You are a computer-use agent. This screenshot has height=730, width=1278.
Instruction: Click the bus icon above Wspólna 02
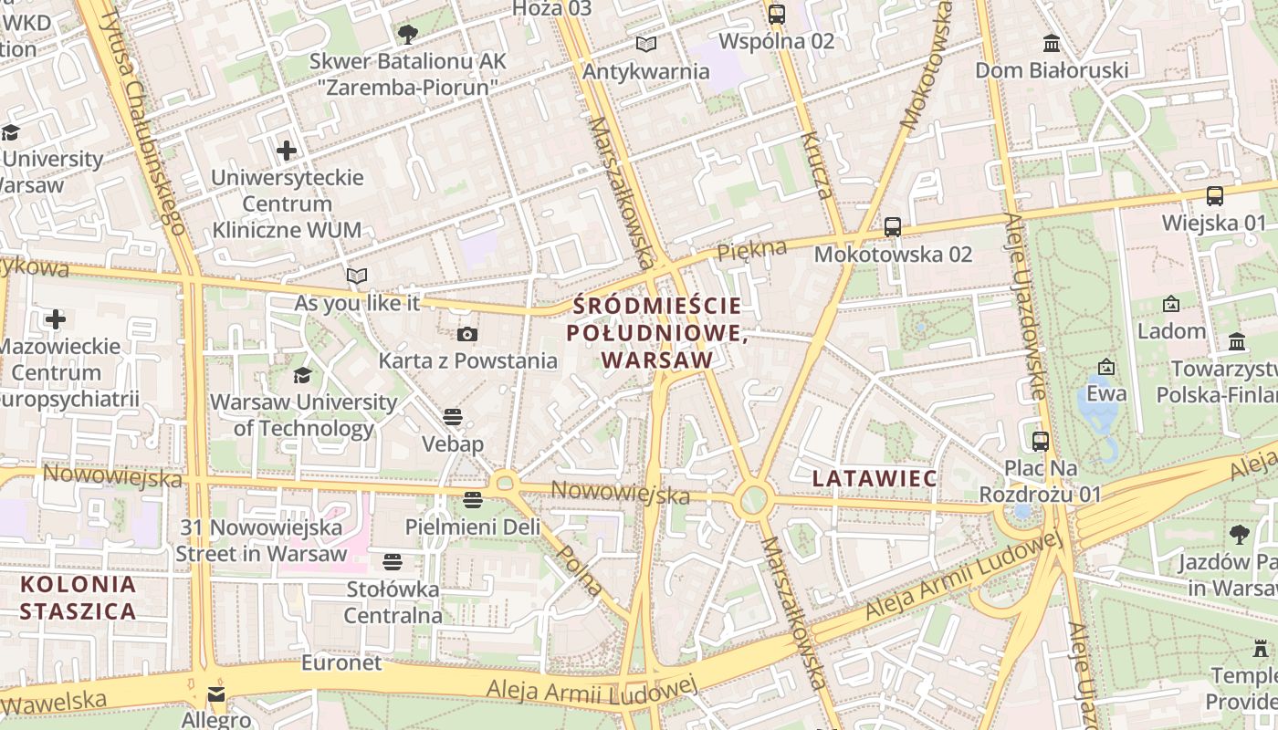click(777, 15)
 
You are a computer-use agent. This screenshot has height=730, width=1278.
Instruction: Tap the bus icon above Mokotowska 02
click(893, 227)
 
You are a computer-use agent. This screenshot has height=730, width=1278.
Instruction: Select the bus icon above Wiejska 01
click(1214, 196)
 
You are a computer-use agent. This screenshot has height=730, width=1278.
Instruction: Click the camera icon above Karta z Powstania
click(467, 335)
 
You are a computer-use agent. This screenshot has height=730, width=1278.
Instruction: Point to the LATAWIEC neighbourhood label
click(875, 478)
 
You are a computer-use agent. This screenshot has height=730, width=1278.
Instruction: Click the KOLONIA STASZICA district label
click(79, 598)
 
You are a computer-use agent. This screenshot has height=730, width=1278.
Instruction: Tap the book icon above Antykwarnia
click(646, 44)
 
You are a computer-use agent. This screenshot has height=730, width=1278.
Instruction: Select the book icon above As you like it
click(357, 276)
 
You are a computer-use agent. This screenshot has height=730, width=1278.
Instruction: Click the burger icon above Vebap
click(453, 417)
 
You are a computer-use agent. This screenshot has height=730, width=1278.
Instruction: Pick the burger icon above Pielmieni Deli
click(472, 500)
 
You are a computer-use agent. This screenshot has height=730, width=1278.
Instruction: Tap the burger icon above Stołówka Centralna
click(393, 562)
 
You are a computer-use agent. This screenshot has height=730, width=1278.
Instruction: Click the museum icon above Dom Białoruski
click(1052, 43)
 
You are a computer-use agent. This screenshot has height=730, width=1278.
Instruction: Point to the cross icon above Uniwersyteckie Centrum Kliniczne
click(287, 150)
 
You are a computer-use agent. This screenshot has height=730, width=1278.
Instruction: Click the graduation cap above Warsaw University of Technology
click(302, 375)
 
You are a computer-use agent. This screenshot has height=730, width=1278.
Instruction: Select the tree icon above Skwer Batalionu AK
click(407, 35)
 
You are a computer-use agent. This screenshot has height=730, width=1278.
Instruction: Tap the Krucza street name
click(817, 164)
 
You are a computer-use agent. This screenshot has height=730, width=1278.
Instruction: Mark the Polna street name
click(580, 570)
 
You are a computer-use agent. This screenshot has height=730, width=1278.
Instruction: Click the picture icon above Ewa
click(1106, 367)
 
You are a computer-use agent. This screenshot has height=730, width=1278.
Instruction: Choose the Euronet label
click(341, 662)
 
